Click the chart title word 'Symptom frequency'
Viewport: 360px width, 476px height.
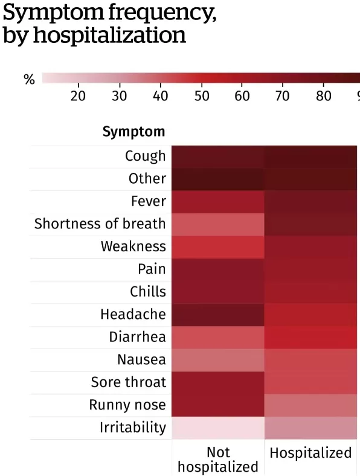tap(110, 13)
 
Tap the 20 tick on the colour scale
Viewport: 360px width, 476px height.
tap(78, 96)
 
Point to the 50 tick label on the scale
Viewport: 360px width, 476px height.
tap(202, 96)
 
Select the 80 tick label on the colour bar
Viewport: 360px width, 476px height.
tap(324, 96)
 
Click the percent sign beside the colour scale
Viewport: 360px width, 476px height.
tap(29, 80)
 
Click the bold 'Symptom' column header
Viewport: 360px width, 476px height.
tap(133, 132)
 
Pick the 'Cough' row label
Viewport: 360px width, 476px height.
tap(146, 156)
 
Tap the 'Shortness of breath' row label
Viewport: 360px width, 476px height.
tap(100, 224)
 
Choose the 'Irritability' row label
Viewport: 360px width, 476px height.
tap(133, 428)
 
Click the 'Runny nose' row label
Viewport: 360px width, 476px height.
tap(127, 405)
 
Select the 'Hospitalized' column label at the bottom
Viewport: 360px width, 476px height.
tap(310, 452)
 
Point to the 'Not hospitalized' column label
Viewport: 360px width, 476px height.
tap(218, 459)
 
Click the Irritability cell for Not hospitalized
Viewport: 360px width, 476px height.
tap(218, 428)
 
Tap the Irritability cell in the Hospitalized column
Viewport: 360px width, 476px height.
tap(310, 428)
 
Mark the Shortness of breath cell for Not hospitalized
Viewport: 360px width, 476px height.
tap(218, 225)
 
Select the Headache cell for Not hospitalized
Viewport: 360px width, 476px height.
tap(218, 315)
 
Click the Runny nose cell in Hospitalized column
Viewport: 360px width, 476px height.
tap(310, 405)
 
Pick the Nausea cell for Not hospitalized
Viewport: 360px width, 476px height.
tap(218, 360)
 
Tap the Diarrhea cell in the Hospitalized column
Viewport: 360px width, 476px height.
tap(310, 338)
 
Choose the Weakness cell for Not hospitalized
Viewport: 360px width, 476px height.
tap(218, 247)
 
